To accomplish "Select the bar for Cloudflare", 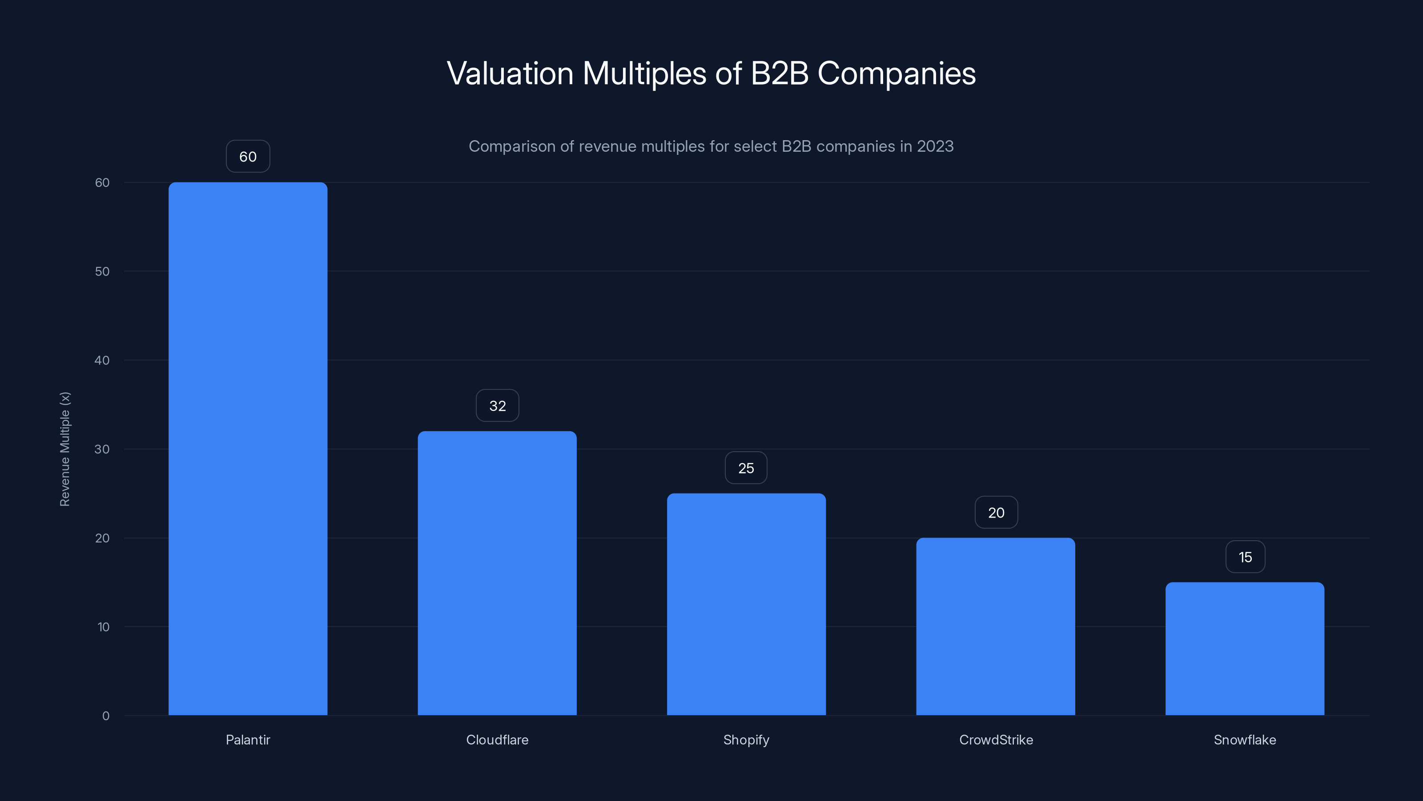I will [x=497, y=573].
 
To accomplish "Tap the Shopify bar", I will [x=746, y=604].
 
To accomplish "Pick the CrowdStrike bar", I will [x=996, y=626].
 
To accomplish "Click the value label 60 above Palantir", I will [x=248, y=157].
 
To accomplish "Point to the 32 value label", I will [x=497, y=406].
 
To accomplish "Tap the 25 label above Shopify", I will [x=746, y=468].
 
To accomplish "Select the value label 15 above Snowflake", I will [x=1245, y=557].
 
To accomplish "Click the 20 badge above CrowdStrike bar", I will [x=996, y=513].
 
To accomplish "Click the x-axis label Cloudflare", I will [x=497, y=740].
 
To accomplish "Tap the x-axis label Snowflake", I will [x=1245, y=740].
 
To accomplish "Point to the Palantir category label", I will [x=248, y=740].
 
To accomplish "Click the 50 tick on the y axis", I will [x=102, y=271].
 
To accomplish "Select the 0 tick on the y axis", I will [x=105, y=716].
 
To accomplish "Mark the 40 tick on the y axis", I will [x=102, y=360].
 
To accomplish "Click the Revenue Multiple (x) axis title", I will [x=64, y=449].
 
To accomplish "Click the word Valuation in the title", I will [x=510, y=73].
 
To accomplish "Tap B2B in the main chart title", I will [x=780, y=73].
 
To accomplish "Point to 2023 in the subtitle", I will [x=935, y=146].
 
